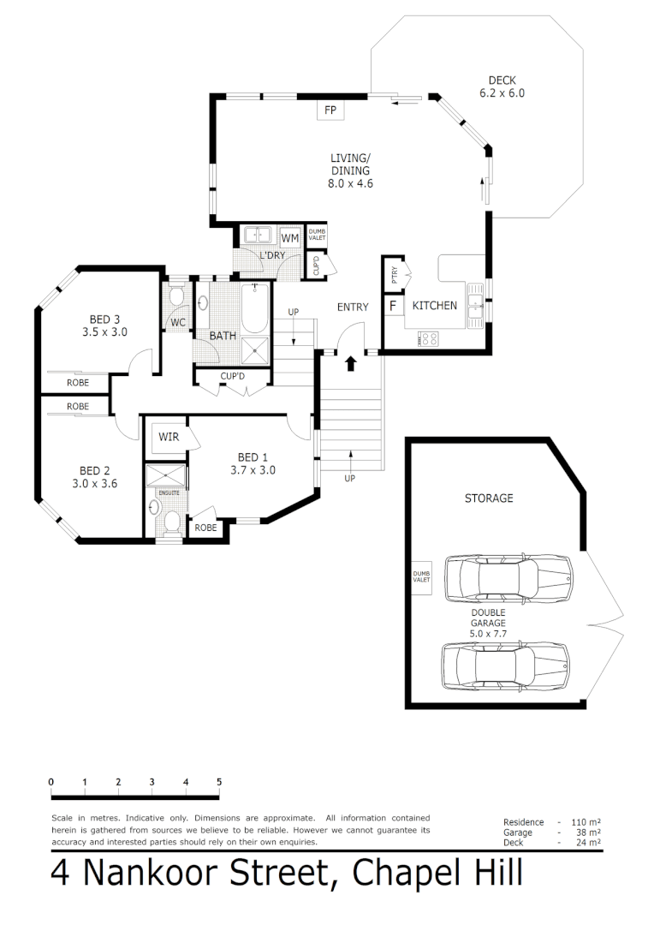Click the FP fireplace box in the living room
pyautogui.click(x=330, y=110)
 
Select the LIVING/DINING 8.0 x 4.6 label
pyautogui.click(x=351, y=170)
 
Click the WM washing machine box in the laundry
pyautogui.click(x=290, y=237)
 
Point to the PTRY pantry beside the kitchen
pyautogui.click(x=394, y=275)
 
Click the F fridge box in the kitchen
pyautogui.click(x=393, y=306)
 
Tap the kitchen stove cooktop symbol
pyautogui.click(x=428, y=338)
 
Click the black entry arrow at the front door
pyautogui.click(x=350, y=363)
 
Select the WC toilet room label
pyautogui.click(x=178, y=323)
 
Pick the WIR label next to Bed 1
pyautogui.click(x=169, y=437)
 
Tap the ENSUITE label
pyautogui.click(x=168, y=493)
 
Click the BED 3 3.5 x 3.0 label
pyautogui.click(x=104, y=325)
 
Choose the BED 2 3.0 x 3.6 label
pyautogui.click(x=94, y=476)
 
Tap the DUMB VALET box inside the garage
pyautogui.click(x=421, y=577)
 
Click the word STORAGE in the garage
pyautogui.click(x=489, y=498)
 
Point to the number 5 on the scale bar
pyautogui.click(x=219, y=782)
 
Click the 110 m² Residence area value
pyautogui.click(x=587, y=822)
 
